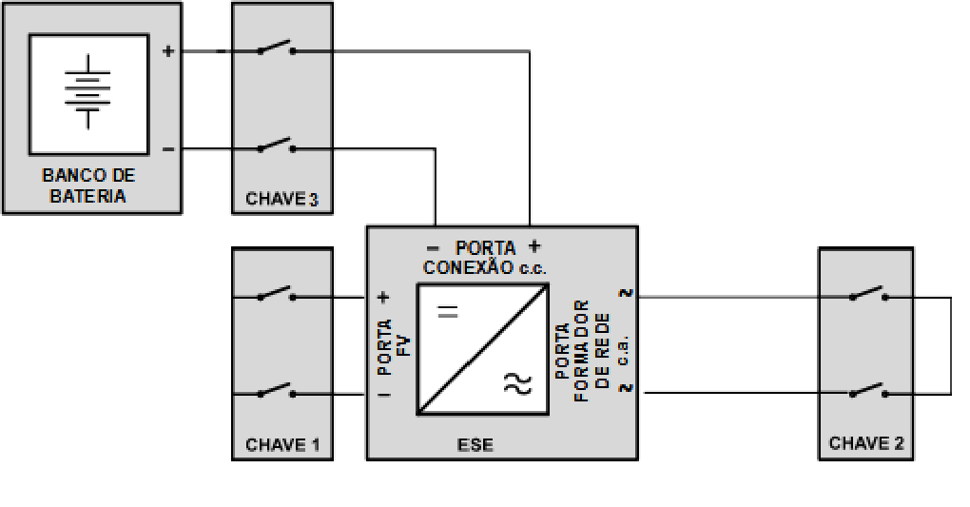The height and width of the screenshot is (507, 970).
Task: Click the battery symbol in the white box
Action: tap(87, 91)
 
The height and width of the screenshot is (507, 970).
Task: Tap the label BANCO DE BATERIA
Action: tap(87, 185)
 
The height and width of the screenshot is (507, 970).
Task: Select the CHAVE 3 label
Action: tap(282, 199)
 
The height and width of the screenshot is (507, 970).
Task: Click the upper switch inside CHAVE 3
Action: tap(277, 48)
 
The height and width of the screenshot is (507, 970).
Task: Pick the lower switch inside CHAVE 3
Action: tap(277, 146)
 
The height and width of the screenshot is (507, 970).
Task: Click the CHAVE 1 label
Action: tap(282, 444)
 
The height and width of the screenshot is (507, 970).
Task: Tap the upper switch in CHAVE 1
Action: tap(277, 293)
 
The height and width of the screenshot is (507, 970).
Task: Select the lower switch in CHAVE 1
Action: tap(277, 390)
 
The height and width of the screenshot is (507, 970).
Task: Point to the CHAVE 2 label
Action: tap(866, 443)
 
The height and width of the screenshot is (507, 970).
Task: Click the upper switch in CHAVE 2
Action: tap(868, 293)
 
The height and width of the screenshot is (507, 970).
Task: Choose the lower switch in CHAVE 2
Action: tap(868, 390)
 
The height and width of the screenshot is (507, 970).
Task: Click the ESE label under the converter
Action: tap(475, 444)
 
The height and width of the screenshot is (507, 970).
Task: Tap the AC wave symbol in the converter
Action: tap(517, 383)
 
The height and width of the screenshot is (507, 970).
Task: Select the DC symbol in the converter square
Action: tap(447, 311)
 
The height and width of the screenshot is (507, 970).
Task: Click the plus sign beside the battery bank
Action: tap(168, 50)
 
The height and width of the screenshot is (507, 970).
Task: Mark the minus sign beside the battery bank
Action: tap(168, 149)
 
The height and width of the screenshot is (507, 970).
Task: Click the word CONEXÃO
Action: tap(468, 267)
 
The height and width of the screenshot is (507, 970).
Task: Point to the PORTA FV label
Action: tap(393, 346)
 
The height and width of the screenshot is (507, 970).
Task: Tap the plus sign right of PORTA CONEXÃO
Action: tap(534, 246)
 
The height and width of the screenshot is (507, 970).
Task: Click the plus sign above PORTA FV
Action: tap(383, 297)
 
